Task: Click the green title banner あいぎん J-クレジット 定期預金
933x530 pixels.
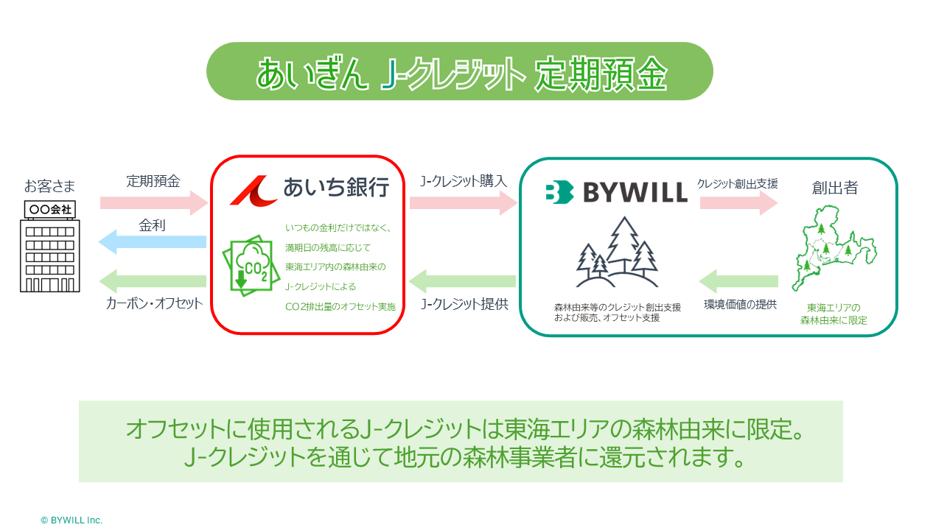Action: tap(459, 71)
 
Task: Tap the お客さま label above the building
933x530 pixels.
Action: tap(50, 185)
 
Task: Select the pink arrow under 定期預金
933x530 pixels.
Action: tap(153, 202)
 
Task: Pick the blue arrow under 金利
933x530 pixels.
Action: tap(153, 241)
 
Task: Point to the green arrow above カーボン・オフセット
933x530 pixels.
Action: tap(153, 280)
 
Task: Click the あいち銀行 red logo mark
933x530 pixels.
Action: tap(252, 189)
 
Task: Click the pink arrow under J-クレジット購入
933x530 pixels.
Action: tap(464, 202)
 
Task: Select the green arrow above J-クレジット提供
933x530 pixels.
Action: tap(463, 280)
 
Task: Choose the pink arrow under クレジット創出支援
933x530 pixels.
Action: tap(738, 202)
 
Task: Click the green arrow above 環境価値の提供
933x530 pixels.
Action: tap(738, 280)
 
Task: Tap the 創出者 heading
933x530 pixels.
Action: tap(835, 188)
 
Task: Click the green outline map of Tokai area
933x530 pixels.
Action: tap(834, 248)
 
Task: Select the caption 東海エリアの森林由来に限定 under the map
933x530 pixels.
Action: tap(834, 314)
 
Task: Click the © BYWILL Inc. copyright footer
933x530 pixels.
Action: tap(71, 520)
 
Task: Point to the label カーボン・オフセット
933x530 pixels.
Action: tap(154, 303)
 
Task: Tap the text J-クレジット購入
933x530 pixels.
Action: tap(464, 181)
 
